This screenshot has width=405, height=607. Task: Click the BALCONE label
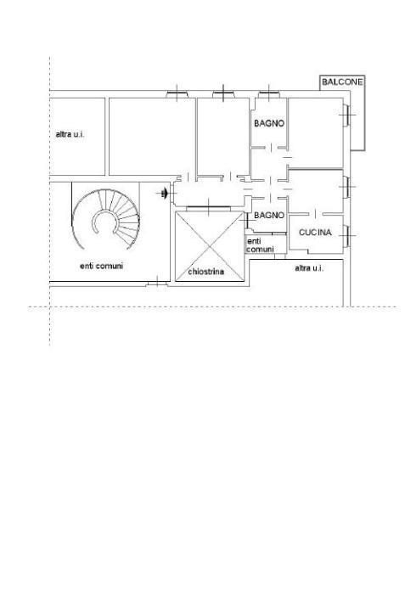click(342, 81)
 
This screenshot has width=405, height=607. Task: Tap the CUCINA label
click(315, 233)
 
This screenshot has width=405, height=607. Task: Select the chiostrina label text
click(206, 272)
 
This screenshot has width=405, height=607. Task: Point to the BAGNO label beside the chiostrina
click(269, 215)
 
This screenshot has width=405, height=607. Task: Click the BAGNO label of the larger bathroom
click(269, 123)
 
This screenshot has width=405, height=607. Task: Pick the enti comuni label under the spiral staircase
click(101, 266)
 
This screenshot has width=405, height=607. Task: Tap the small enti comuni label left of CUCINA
click(260, 245)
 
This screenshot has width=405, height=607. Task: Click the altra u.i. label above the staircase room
click(70, 134)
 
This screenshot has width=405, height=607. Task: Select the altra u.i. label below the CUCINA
click(309, 268)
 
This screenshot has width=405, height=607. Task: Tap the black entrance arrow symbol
click(164, 194)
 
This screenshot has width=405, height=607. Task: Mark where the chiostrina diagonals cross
click(210, 246)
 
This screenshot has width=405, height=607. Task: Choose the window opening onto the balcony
click(346, 115)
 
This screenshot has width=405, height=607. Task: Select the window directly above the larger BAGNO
click(269, 93)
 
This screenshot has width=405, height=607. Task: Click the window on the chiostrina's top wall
click(209, 208)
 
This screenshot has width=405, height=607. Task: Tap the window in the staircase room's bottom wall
click(157, 284)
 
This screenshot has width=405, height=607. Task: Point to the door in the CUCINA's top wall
click(316, 214)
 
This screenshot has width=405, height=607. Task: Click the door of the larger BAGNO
click(272, 148)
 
